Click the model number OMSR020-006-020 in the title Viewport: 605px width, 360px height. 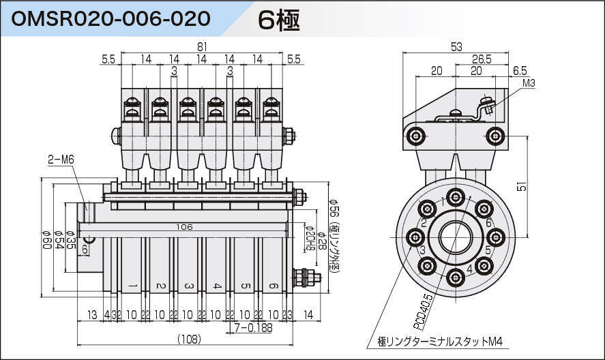(x=110, y=18)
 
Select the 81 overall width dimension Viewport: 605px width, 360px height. (x=202, y=46)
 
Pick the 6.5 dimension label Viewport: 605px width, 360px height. (x=520, y=70)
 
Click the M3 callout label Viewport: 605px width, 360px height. (x=529, y=82)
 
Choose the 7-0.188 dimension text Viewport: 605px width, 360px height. (x=253, y=328)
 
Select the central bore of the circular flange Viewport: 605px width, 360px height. (x=455, y=237)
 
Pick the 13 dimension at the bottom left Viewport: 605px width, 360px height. (x=91, y=314)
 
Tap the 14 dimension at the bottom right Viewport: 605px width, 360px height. (x=308, y=314)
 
